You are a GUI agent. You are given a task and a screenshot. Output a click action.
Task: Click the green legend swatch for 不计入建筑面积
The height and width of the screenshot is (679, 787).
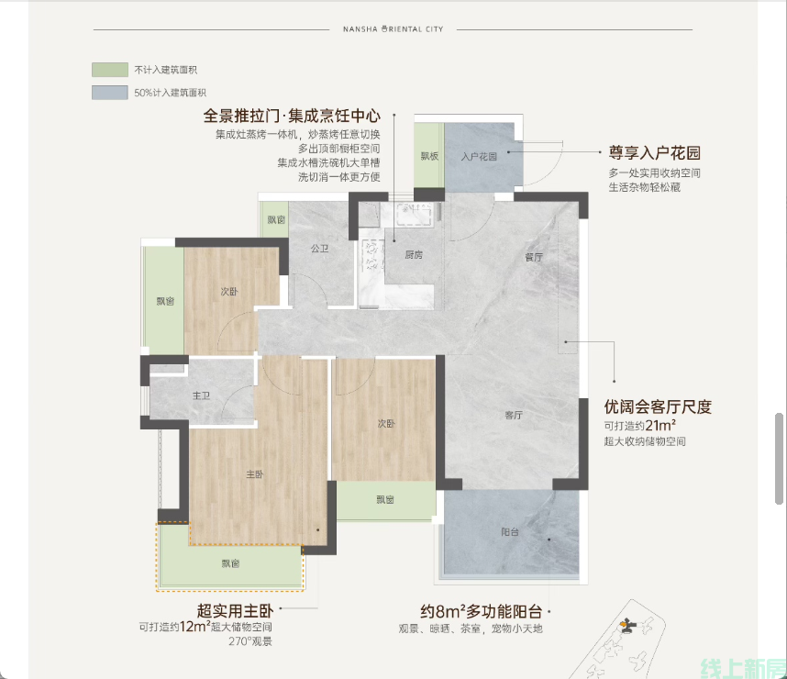tap(110, 70)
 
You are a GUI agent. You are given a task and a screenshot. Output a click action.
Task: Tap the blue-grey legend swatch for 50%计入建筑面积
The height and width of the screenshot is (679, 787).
tap(110, 93)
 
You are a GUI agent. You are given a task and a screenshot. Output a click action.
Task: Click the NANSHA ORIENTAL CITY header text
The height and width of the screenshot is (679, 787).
tap(393, 29)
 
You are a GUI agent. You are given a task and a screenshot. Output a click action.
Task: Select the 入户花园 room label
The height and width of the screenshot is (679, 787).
tap(480, 157)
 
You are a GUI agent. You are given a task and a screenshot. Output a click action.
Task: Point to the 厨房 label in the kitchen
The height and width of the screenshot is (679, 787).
tap(414, 255)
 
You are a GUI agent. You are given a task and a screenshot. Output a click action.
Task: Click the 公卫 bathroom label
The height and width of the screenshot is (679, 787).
tap(319, 248)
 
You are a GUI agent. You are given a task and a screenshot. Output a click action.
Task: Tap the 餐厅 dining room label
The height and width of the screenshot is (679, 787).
tap(534, 257)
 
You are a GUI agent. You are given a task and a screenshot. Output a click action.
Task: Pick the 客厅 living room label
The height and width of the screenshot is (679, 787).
tap(514, 415)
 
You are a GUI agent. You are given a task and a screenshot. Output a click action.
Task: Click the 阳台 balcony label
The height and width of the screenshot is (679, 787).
tap(510, 532)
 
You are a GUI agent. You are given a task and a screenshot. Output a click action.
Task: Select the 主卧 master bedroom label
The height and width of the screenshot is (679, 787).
tap(255, 474)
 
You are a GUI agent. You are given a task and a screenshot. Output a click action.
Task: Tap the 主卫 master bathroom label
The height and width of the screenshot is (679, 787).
tap(201, 395)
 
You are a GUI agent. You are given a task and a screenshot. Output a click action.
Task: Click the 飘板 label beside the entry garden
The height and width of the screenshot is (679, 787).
tap(429, 156)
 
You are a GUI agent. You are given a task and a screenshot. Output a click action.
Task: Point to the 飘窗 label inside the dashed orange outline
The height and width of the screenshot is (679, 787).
tap(231, 563)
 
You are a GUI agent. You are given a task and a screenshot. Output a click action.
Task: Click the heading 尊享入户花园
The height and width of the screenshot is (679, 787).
tap(655, 152)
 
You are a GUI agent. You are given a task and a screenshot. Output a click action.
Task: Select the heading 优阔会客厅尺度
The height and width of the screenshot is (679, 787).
tap(658, 406)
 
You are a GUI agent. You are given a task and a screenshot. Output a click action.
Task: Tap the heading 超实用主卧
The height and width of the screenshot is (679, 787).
tap(235, 611)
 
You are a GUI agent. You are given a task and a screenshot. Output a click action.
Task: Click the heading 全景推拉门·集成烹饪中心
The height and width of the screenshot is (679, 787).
tap(292, 116)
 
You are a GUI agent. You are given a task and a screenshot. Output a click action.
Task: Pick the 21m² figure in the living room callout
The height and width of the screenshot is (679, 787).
tap(660, 426)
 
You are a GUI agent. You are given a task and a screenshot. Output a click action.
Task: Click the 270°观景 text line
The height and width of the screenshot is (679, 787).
tap(250, 641)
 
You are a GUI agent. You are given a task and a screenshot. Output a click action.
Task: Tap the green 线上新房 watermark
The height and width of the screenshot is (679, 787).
tap(743, 669)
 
